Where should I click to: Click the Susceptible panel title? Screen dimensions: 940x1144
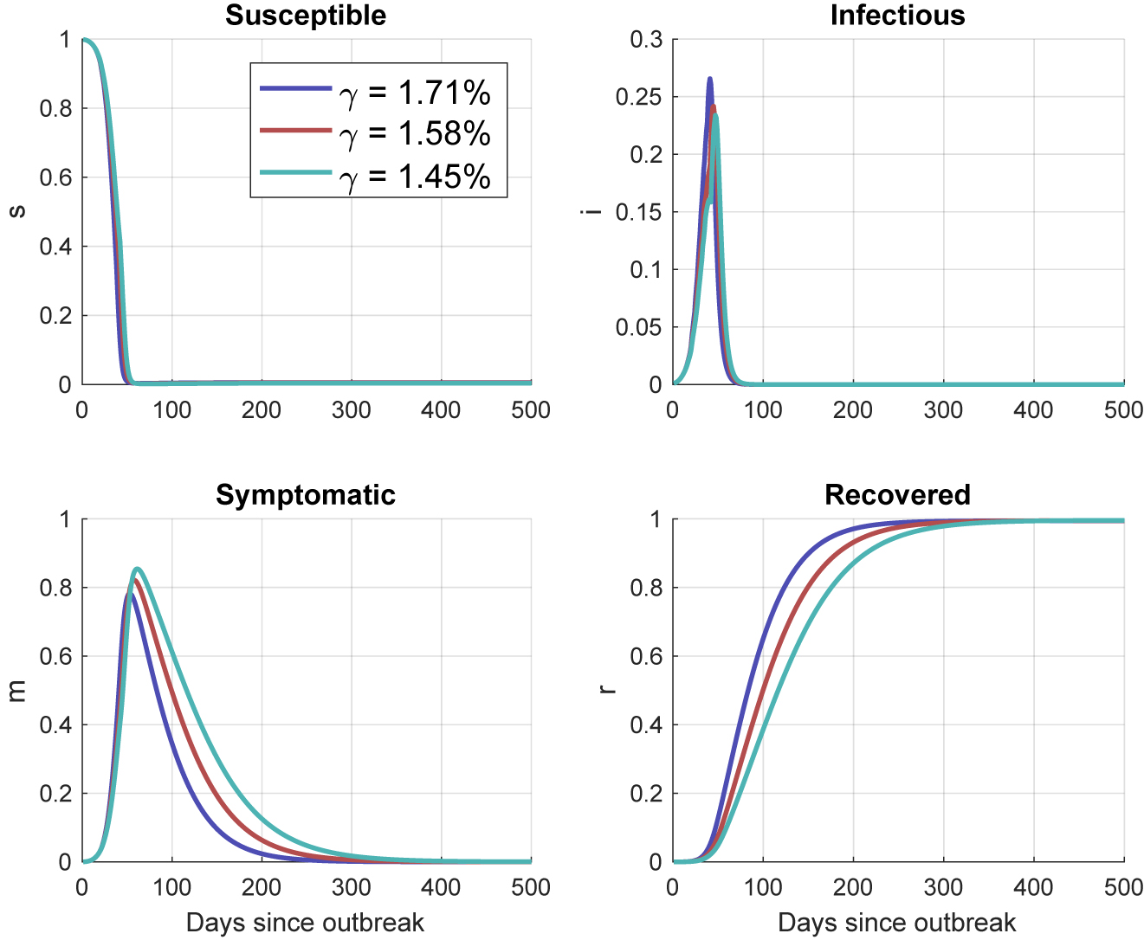pyautogui.click(x=306, y=16)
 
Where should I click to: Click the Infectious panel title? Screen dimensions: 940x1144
pyautogui.click(x=897, y=16)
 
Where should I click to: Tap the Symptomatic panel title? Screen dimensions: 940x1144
pyautogui.click(x=306, y=494)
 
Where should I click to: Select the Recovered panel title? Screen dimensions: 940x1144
pyautogui.click(x=897, y=494)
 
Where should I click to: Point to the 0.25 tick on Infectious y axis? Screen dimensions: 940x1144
pyautogui.click(x=639, y=97)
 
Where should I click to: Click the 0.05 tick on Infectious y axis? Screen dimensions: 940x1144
pyautogui.click(x=639, y=327)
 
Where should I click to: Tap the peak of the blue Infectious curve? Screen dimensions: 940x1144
pyautogui.click(x=710, y=79)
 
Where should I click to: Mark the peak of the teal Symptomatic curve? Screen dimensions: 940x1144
pyautogui.click(x=137, y=569)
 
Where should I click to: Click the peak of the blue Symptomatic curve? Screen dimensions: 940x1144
pyautogui.click(x=128, y=594)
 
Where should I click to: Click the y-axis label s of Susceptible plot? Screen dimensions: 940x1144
pyautogui.click(x=17, y=211)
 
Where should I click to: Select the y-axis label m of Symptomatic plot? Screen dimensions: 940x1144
pyautogui.click(x=17, y=690)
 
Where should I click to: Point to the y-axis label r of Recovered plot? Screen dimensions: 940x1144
pyautogui.click(x=609, y=690)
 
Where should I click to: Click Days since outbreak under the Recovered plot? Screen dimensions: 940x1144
pyautogui.click(x=897, y=922)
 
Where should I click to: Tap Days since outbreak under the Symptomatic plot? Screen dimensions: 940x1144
pyautogui.click(x=306, y=922)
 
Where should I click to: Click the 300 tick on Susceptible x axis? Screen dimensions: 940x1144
pyautogui.click(x=352, y=409)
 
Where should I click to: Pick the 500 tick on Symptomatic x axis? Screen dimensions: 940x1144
pyautogui.click(x=531, y=887)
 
